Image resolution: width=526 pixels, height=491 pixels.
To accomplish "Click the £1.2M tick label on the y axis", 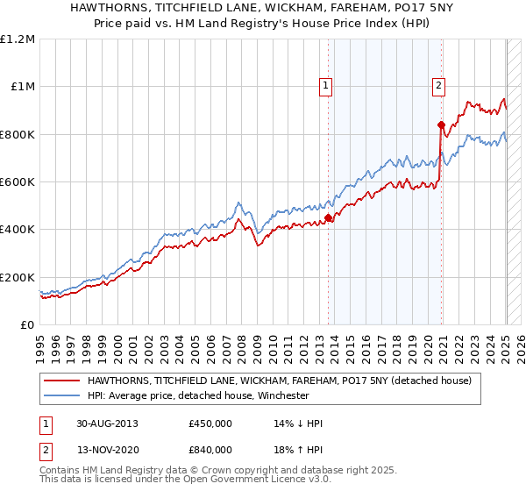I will (18, 39).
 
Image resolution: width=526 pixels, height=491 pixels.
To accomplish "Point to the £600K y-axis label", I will (18, 182).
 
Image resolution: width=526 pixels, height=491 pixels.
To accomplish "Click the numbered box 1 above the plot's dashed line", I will (326, 86).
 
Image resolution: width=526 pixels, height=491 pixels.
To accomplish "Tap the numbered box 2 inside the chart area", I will (437, 86).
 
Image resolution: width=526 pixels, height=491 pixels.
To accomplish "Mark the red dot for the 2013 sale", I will (328, 217).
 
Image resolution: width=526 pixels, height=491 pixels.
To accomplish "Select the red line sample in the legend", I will (62, 381).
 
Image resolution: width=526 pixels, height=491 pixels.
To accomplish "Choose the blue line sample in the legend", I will (62, 395).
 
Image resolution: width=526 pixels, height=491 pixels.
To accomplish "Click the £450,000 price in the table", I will (210, 423).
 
